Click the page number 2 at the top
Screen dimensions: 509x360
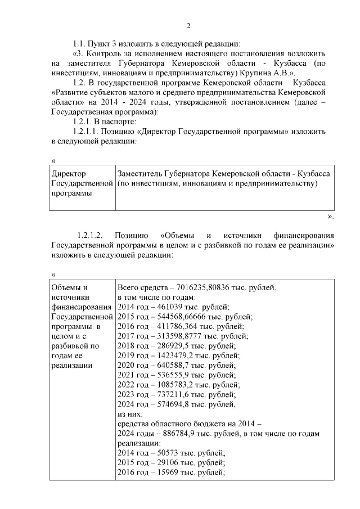point(189,26)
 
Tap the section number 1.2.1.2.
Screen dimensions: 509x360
point(92,235)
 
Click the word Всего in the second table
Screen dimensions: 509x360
point(128,287)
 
